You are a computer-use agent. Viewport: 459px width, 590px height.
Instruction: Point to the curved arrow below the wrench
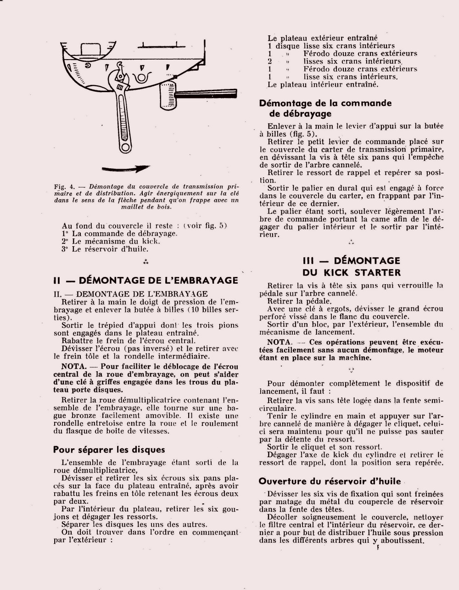click(127, 169)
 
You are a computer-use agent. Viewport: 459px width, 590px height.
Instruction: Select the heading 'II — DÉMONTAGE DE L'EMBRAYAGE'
click(146, 280)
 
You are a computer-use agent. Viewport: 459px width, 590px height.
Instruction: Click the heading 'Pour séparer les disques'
click(109, 450)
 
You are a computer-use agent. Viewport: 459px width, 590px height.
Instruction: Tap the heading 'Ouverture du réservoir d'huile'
click(330, 481)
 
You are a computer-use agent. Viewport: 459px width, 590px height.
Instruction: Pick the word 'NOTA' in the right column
click(279, 342)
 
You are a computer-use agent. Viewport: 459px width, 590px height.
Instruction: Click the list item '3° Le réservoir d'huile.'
click(105, 249)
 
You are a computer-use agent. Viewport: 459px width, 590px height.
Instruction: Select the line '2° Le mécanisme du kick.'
click(111, 241)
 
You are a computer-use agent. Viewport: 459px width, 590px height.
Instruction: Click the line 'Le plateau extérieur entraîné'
click(323, 38)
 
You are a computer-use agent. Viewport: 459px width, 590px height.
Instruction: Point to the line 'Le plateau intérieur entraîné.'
click(323, 85)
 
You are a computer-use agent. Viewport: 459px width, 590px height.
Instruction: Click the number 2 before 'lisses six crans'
click(270, 61)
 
